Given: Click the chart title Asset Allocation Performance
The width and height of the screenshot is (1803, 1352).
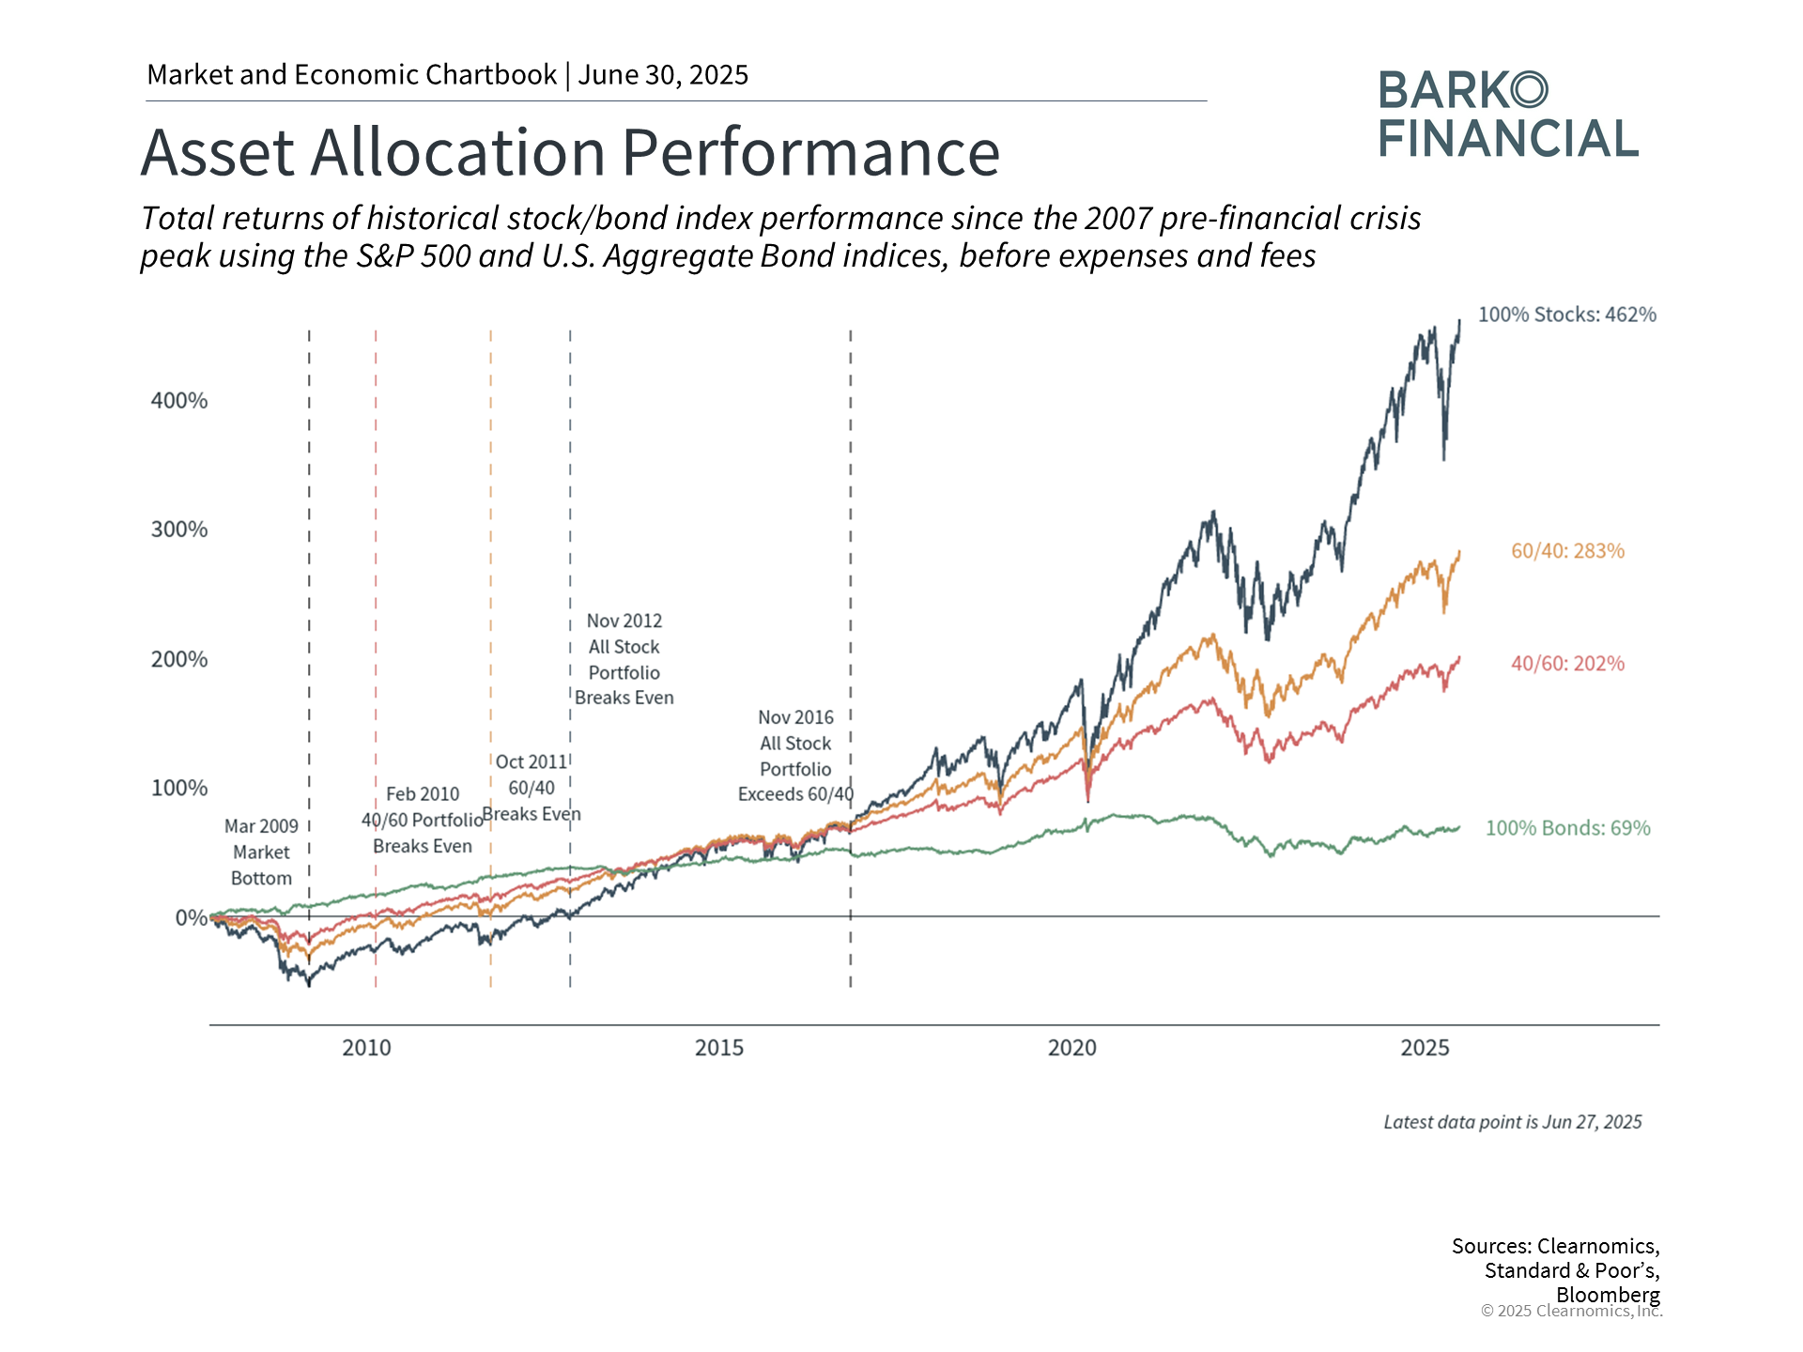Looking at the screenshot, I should click(570, 152).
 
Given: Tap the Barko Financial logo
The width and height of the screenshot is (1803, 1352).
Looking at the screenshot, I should click(1508, 115).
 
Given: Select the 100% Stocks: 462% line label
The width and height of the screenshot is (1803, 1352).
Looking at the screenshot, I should click(1566, 315).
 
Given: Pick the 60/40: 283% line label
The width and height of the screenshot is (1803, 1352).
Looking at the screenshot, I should click(1567, 551).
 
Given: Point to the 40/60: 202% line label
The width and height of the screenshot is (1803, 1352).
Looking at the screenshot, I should click(1567, 664).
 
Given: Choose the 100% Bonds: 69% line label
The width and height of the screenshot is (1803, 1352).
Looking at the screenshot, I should click(1567, 828).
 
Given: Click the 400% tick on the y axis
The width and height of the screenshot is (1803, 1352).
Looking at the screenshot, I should click(179, 401).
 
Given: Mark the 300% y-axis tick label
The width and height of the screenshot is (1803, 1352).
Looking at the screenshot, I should click(179, 530).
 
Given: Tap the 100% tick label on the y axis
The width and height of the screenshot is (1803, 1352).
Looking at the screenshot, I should click(179, 788).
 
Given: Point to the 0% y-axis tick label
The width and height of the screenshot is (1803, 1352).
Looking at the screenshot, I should click(191, 917).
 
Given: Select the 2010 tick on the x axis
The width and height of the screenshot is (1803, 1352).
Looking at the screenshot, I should click(366, 1048).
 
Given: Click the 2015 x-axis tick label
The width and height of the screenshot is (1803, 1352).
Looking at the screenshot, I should click(719, 1048).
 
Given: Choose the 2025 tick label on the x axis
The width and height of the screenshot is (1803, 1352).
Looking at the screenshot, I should click(1425, 1048).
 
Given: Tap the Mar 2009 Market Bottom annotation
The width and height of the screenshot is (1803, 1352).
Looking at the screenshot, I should click(261, 853).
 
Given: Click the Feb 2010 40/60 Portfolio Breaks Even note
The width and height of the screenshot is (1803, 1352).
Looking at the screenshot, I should click(423, 821).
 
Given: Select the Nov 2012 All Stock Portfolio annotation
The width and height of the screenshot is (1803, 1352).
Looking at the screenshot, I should click(624, 659).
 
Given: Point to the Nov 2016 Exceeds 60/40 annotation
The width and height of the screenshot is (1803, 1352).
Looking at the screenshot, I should click(795, 756).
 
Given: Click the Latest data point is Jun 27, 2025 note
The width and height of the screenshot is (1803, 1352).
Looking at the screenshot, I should click(1512, 1122).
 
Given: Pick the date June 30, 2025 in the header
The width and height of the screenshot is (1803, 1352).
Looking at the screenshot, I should click(663, 75).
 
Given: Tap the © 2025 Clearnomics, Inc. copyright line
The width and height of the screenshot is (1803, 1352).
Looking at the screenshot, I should click(1571, 1311).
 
